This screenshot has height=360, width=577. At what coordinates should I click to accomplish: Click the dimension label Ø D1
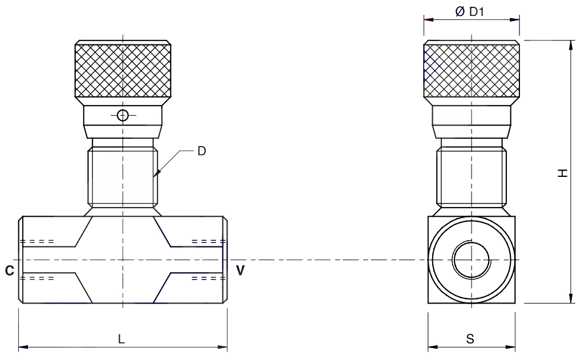pos(470,12)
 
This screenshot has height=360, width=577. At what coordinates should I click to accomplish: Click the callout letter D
pos(202,151)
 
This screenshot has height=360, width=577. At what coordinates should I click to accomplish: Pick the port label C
pos(10,271)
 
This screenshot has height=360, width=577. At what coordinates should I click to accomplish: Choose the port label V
pos(240,270)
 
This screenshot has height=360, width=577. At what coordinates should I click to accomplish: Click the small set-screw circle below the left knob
pos(123,116)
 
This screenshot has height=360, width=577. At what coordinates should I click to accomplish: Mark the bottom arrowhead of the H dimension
pos(571,298)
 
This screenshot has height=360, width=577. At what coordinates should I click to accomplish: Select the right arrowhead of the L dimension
pos(222,346)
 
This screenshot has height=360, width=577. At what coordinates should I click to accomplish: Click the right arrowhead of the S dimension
pos(510,347)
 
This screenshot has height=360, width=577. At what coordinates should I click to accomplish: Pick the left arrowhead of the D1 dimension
pos(429,19)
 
